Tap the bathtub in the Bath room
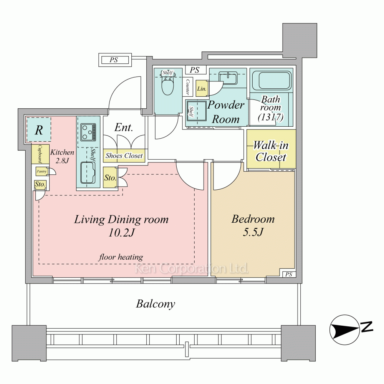[271, 80]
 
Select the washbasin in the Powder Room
[228, 78]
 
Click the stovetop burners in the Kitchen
[88, 132]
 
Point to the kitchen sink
[88, 172]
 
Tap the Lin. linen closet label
[202, 89]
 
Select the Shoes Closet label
[124, 156]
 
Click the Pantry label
[41, 171]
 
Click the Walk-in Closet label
[271, 151]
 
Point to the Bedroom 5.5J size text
[253, 232]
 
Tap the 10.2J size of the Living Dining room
[121, 232]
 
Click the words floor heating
[121, 257]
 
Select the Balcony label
[156, 304]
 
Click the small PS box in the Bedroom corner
[289, 274]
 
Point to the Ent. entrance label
[124, 127]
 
